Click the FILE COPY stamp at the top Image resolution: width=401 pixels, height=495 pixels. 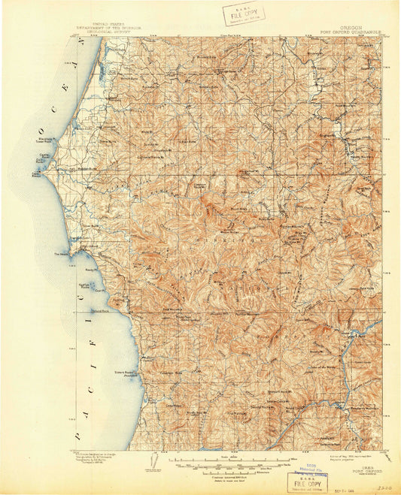(238, 14)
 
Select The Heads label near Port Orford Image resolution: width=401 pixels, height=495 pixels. (59, 254)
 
